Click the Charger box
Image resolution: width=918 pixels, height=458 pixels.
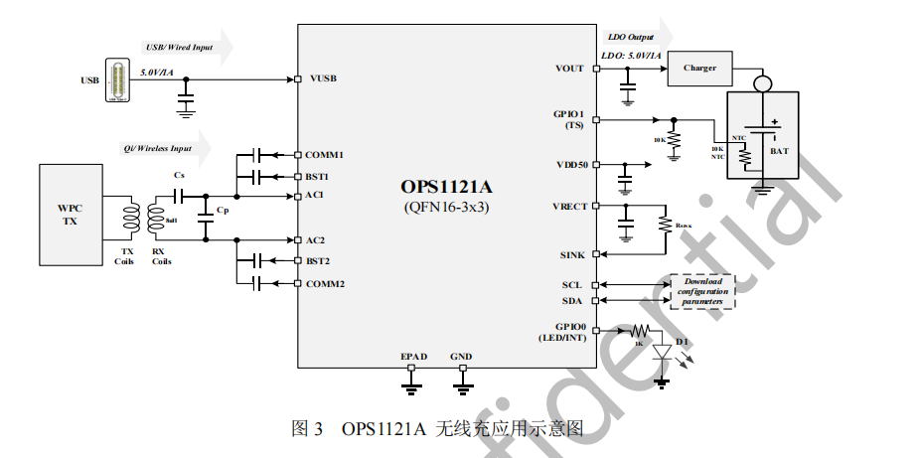pyautogui.click(x=706, y=69)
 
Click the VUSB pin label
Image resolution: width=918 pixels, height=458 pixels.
pyautogui.click(x=323, y=78)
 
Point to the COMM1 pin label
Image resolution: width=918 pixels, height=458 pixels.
pyautogui.click(x=324, y=155)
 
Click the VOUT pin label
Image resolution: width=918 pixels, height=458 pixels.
pyautogui.click(x=570, y=69)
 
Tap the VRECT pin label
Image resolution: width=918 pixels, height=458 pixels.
pyautogui.click(x=569, y=207)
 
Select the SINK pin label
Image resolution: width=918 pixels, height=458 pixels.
pyautogui.click(x=573, y=255)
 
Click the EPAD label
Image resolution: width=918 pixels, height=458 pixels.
pyautogui.click(x=412, y=356)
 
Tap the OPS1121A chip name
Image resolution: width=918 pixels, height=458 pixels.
pyautogui.click(x=447, y=187)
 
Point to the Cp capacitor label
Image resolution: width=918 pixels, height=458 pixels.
pyautogui.click(x=222, y=210)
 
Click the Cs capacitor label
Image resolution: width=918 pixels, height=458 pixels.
pyautogui.click(x=179, y=175)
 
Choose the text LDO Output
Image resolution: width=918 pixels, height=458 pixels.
pyautogui.click(x=631, y=37)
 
